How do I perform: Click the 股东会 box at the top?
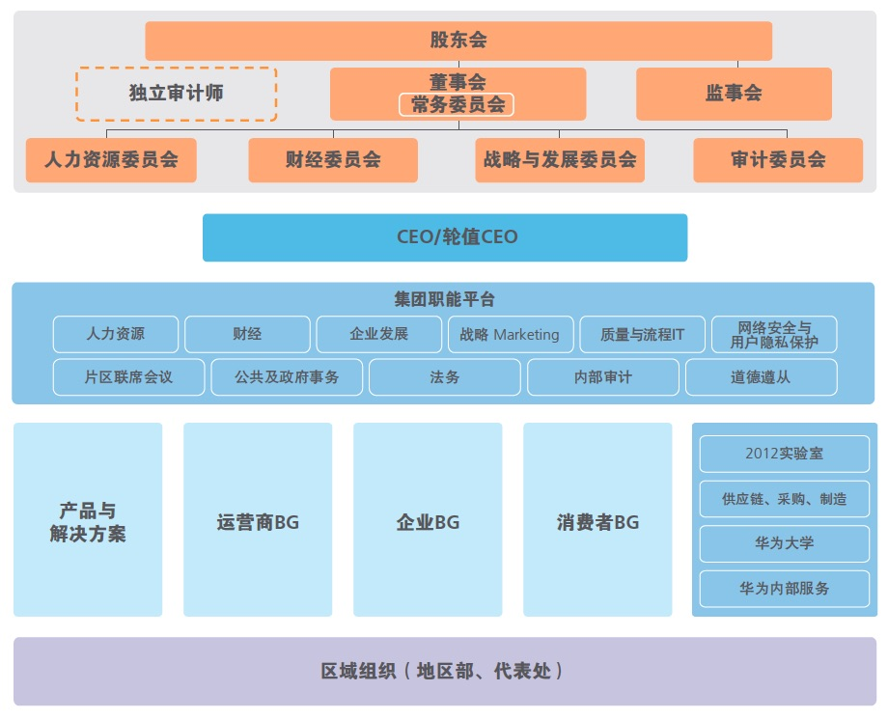coord(458,41)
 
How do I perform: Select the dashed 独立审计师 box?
coord(176,94)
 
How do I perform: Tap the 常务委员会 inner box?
coord(458,105)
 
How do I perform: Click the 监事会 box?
coord(734,94)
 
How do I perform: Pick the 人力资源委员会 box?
coord(111,160)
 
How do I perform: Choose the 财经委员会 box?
coord(333,160)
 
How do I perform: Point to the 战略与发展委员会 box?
coord(560,160)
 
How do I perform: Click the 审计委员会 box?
coord(778,160)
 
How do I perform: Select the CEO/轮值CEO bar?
coord(445,237)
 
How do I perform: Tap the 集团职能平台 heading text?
coord(445,299)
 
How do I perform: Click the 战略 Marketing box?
coord(511,335)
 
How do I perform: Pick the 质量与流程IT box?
coord(642,335)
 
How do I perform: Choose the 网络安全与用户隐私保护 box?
coord(773,335)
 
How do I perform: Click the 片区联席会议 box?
coord(128,377)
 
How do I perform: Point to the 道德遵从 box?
coord(761,377)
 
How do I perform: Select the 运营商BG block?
coord(258,521)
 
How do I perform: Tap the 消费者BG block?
coord(597,521)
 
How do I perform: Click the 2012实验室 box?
coord(784,454)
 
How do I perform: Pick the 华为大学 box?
coord(784,543)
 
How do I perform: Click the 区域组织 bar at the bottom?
coord(445,671)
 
